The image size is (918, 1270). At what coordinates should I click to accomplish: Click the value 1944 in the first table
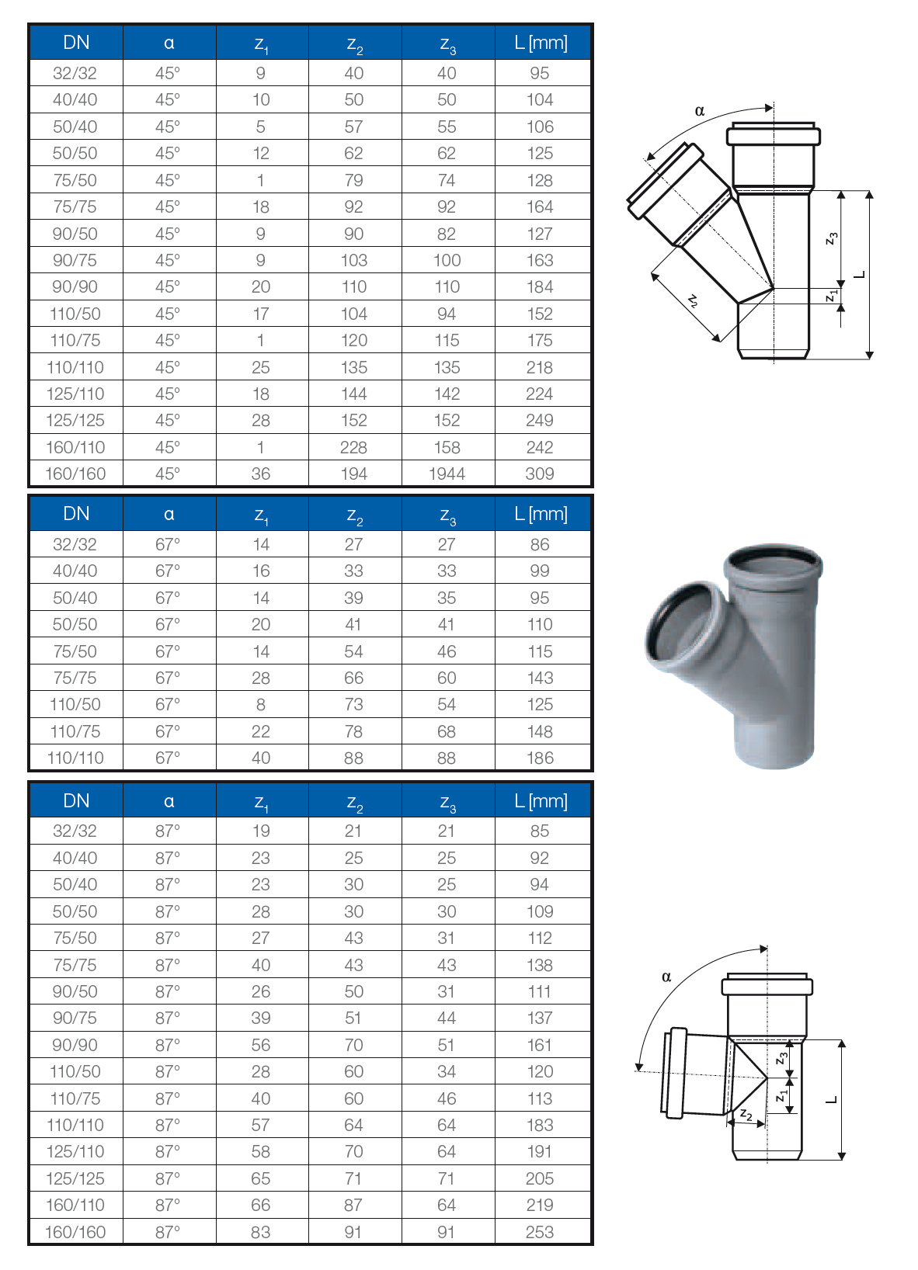point(447,474)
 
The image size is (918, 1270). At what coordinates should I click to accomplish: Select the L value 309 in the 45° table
point(540,474)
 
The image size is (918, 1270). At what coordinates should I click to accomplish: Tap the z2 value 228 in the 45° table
point(353,447)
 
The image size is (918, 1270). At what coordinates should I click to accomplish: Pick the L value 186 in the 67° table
point(540,758)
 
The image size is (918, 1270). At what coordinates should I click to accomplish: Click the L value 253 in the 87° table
point(540,1232)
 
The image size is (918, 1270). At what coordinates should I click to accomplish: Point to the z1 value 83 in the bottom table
point(261,1232)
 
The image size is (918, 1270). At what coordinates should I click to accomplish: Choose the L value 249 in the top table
point(540,420)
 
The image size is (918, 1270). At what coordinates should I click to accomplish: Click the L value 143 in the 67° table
point(540,678)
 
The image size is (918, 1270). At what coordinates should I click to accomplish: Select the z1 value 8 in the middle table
point(261,704)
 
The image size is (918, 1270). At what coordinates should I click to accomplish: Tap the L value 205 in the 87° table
point(540,1178)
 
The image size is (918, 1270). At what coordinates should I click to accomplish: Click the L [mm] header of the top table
point(541,43)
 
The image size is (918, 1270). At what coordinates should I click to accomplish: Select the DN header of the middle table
point(76,514)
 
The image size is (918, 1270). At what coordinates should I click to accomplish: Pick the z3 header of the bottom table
point(447,802)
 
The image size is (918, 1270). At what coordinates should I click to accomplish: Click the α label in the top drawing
point(700,111)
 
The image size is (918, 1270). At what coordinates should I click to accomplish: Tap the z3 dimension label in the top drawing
point(832,238)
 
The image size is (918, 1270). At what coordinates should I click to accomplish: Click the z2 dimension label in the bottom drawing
point(746,1114)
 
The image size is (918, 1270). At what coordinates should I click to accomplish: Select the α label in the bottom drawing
point(666,977)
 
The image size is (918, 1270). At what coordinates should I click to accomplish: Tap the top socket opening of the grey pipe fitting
point(772,560)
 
